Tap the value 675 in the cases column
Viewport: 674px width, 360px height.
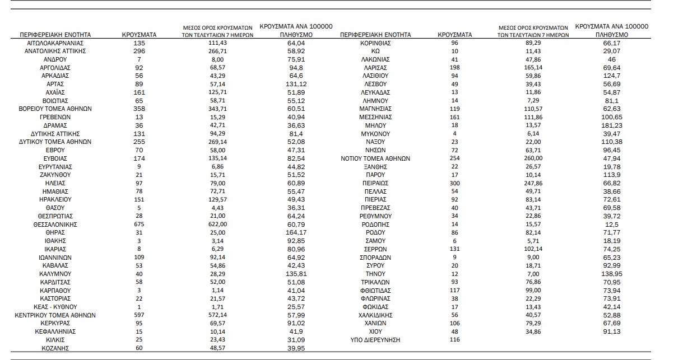[139, 224]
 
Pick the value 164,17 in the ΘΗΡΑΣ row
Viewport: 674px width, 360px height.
[296, 232]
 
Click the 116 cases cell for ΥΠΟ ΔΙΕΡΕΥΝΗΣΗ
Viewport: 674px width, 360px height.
[454, 340]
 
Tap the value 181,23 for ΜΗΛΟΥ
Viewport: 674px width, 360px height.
[612, 125]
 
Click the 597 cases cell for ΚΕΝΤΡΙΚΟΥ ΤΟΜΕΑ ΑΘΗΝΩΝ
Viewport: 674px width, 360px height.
[139, 315]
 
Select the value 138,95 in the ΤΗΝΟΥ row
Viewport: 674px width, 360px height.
[612, 274]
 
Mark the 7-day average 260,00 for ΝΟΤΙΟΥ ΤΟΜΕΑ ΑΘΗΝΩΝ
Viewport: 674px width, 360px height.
[533, 158]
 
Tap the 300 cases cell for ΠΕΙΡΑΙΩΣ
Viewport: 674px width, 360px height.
[454, 183]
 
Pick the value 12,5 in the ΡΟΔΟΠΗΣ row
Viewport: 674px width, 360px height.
[612, 224]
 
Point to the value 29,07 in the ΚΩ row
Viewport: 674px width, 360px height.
[612, 51]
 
